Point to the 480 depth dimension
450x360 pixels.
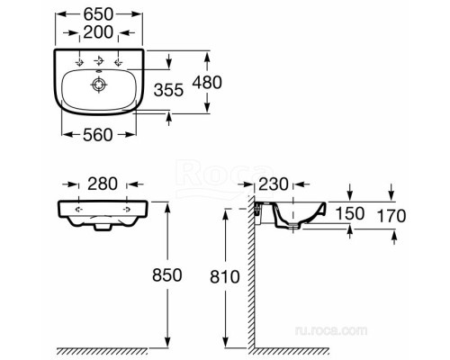pos(232,82)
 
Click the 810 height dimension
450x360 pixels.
pos(225,275)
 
